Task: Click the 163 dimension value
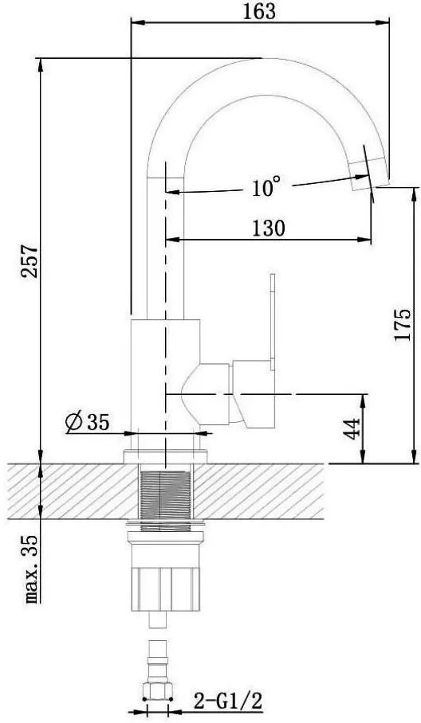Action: coord(259,11)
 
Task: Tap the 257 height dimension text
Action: coord(30,261)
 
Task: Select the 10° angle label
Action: coord(266,186)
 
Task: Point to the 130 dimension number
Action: coord(269,229)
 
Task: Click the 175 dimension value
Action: coord(403,324)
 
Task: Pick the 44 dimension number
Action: coord(352,429)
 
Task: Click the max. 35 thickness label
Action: coord(32,569)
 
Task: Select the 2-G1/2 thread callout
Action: coord(228,703)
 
